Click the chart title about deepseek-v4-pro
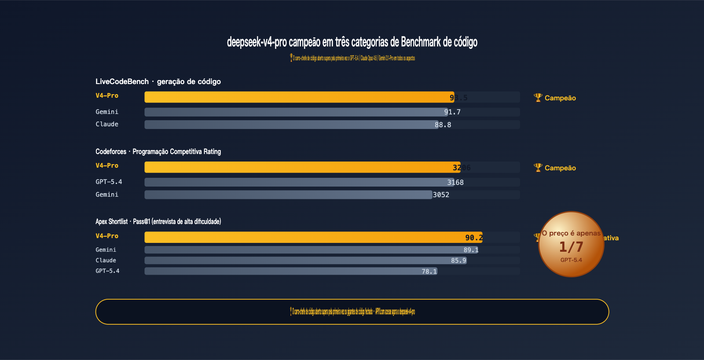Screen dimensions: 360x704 click(352, 42)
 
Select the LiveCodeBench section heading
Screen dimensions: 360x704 click(158, 81)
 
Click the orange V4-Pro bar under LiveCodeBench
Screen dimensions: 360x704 click(299, 97)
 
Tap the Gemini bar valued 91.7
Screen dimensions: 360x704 click(295, 112)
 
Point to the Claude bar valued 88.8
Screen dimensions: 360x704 click(290, 125)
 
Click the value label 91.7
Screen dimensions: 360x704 click(452, 112)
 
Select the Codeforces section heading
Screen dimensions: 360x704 click(158, 151)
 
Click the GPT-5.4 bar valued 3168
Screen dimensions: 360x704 click(299, 182)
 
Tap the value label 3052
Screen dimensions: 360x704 click(441, 195)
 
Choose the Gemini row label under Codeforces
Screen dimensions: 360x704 click(107, 195)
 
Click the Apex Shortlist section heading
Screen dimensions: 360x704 click(158, 221)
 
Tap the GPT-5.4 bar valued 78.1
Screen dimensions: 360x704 click(290, 271)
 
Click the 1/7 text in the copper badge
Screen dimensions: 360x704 click(571, 247)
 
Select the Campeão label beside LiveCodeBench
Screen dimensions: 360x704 click(560, 98)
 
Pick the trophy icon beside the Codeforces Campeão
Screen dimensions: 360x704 click(538, 168)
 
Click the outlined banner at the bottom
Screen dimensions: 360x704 click(352, 312)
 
